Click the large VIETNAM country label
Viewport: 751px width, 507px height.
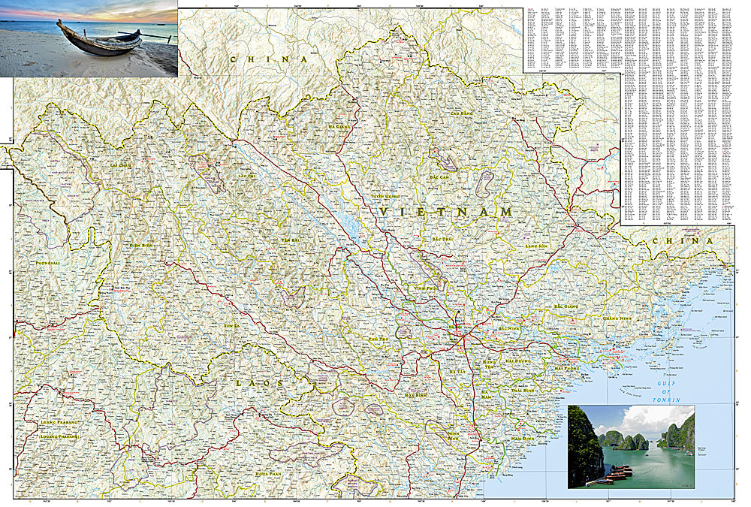click(x=446, y=213)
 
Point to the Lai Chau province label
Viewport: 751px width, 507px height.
click(x=121, y=163)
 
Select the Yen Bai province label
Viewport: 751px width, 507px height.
click(x=290, y=240)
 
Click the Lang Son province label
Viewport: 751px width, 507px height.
click(x=537, y=245)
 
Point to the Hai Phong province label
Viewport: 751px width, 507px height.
click(x=568, y=369)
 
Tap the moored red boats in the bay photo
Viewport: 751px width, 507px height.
click(x=616, y=473)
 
